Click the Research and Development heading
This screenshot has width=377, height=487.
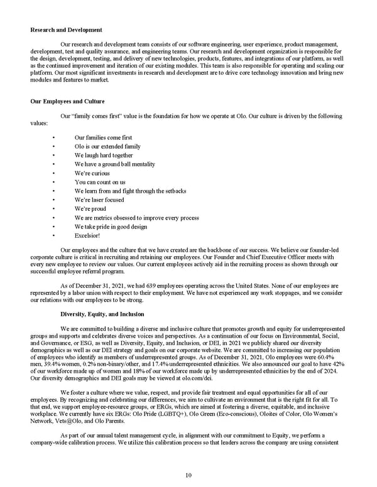(x=66, y=29)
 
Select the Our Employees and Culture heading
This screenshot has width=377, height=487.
(x=67, y=101)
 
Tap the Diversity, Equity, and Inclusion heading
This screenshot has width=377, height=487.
(x=102, y=313)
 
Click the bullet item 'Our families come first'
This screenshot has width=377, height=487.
(x=103, y=137)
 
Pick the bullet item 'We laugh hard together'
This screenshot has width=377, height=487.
(x=104, y=156)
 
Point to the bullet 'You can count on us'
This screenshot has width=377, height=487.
(x=100, y=182)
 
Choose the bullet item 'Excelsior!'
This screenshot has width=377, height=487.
(x=87, y=235)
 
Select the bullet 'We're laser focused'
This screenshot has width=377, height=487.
(x=99, y=200)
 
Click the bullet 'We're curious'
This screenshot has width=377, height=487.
(x=92, y=173)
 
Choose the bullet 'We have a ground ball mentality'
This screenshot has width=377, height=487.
(x=115, y=164)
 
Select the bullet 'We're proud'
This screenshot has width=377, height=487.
(x=90, y=209)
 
